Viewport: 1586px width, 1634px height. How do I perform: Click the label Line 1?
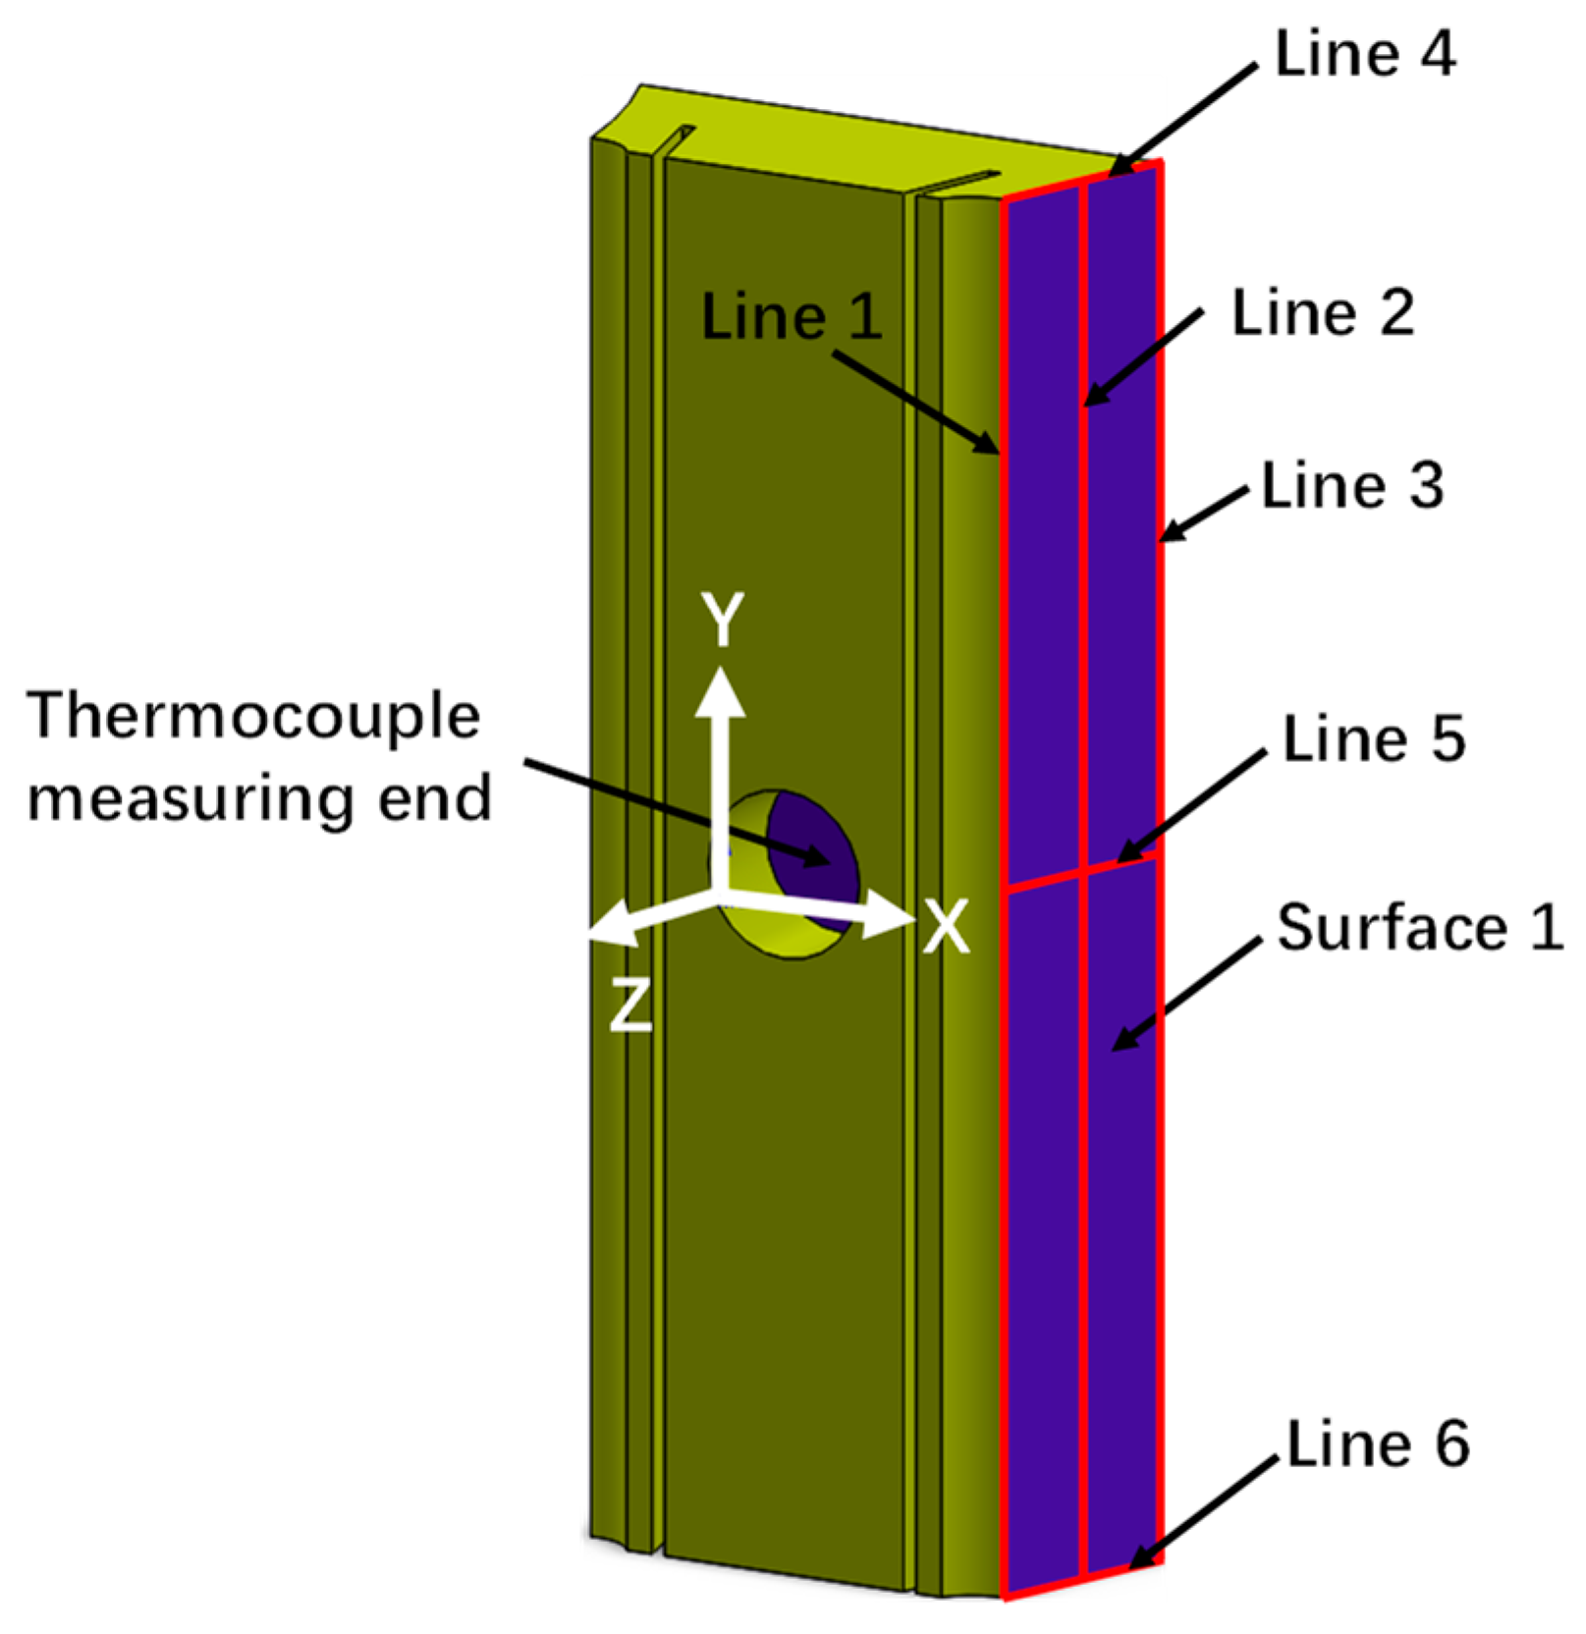(x=792, y=318)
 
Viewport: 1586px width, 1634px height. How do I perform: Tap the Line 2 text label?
(x=1323, y=314)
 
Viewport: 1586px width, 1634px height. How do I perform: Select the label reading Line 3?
(x=1352, y=486)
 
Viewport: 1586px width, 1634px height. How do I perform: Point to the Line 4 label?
(x=1365, y=54)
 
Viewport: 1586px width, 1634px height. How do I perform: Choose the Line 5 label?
(x=1374, y=738)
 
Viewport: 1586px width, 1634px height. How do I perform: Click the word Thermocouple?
(x=253, y=717)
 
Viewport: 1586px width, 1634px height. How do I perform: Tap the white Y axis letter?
(x=724, y=620)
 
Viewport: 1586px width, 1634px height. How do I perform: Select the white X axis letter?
(x=946, y=926)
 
